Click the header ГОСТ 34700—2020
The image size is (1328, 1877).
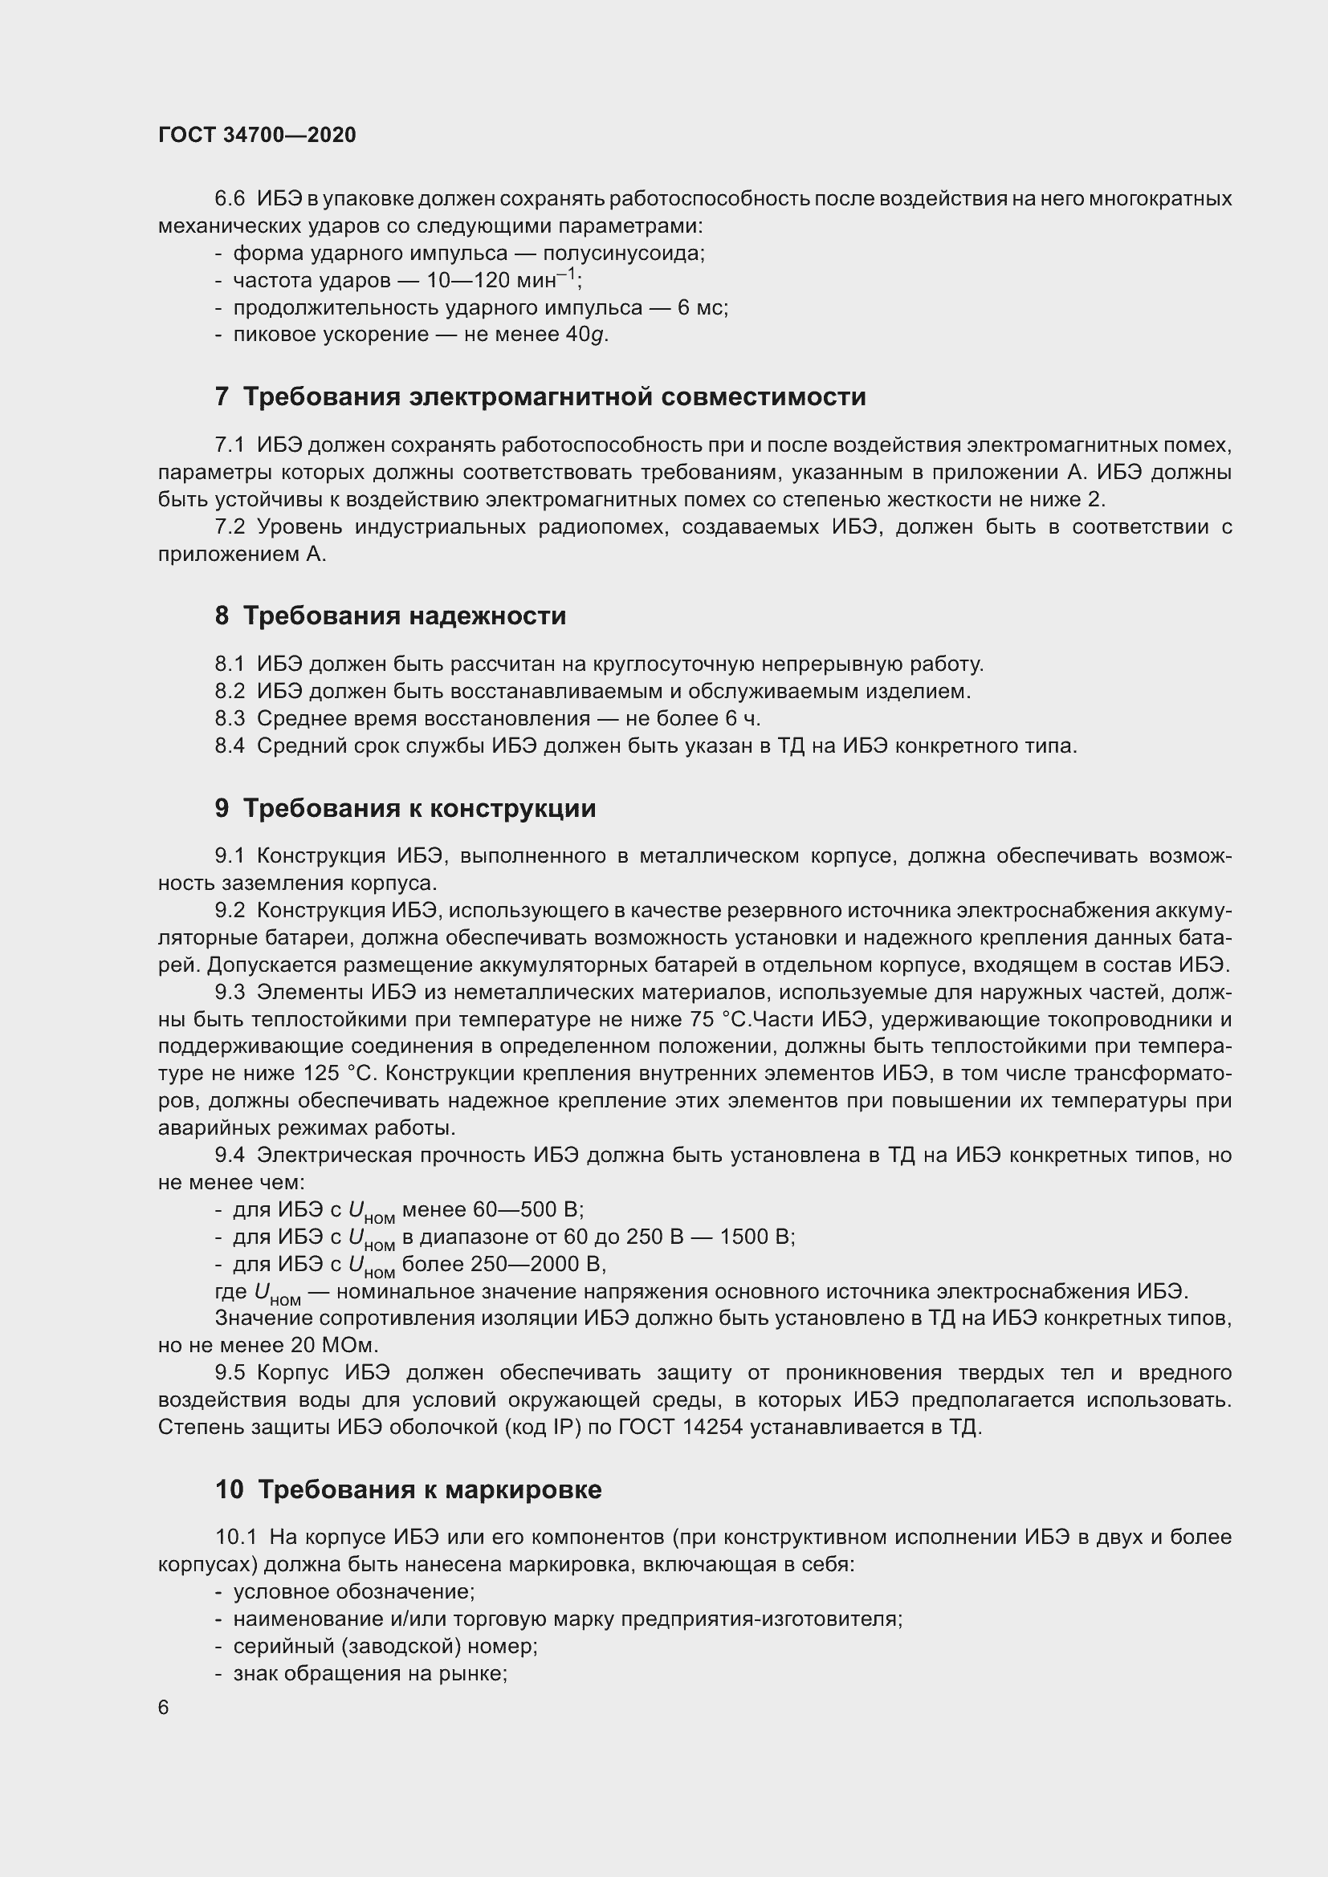tap(257, 136)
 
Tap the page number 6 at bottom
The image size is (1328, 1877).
tap(164, 1708)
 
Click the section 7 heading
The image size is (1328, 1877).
tap(540, 396)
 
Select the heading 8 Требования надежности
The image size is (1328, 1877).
tap(390, 615)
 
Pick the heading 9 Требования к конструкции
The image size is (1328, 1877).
tap(405, 808)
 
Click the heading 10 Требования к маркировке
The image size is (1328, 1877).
tap(408, 1489)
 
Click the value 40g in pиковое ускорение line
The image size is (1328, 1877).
tap(586, 335)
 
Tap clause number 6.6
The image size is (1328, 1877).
tap(230, 199)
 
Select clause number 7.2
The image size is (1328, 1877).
tap(230, 526)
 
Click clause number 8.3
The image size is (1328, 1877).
tap(230, 718)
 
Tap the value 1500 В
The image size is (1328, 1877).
tap(755, 1236)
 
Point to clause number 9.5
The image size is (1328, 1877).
tap(230, 1372)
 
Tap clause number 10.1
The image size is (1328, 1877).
tap(236, 1537)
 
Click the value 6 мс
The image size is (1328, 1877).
tap(701, 307)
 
